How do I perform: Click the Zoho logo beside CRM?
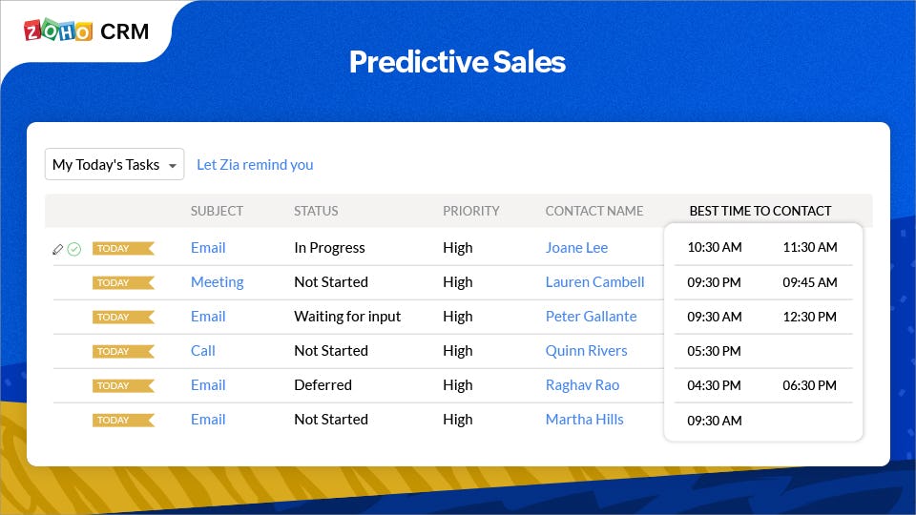tap(58, 31)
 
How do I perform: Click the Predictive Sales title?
tap(457, 62)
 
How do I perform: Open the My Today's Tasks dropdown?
tap(114, 164)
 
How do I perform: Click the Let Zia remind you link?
tap(255, 165)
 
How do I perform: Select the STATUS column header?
tap(316, 211)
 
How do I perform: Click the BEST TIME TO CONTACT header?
tap(760, 211)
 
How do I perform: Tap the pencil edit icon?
tap(58, 249)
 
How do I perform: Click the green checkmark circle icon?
tap(74, 249)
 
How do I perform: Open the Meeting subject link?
tap(217, 282)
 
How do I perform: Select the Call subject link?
tap(202, 350)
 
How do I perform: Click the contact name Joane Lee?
tap(576, 248)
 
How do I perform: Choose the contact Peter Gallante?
tap(592, 317)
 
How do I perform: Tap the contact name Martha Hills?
tap(584, 420)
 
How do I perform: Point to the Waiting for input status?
tap(347, 317)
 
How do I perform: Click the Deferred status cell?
tap(323, 384)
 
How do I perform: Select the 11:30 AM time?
tap(810, 247)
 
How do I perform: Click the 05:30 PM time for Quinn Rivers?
tap(714, 351)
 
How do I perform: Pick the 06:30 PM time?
tap(810, 385)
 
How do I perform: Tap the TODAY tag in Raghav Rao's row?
tap(123, 385)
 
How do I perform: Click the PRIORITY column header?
tap(470, 211)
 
